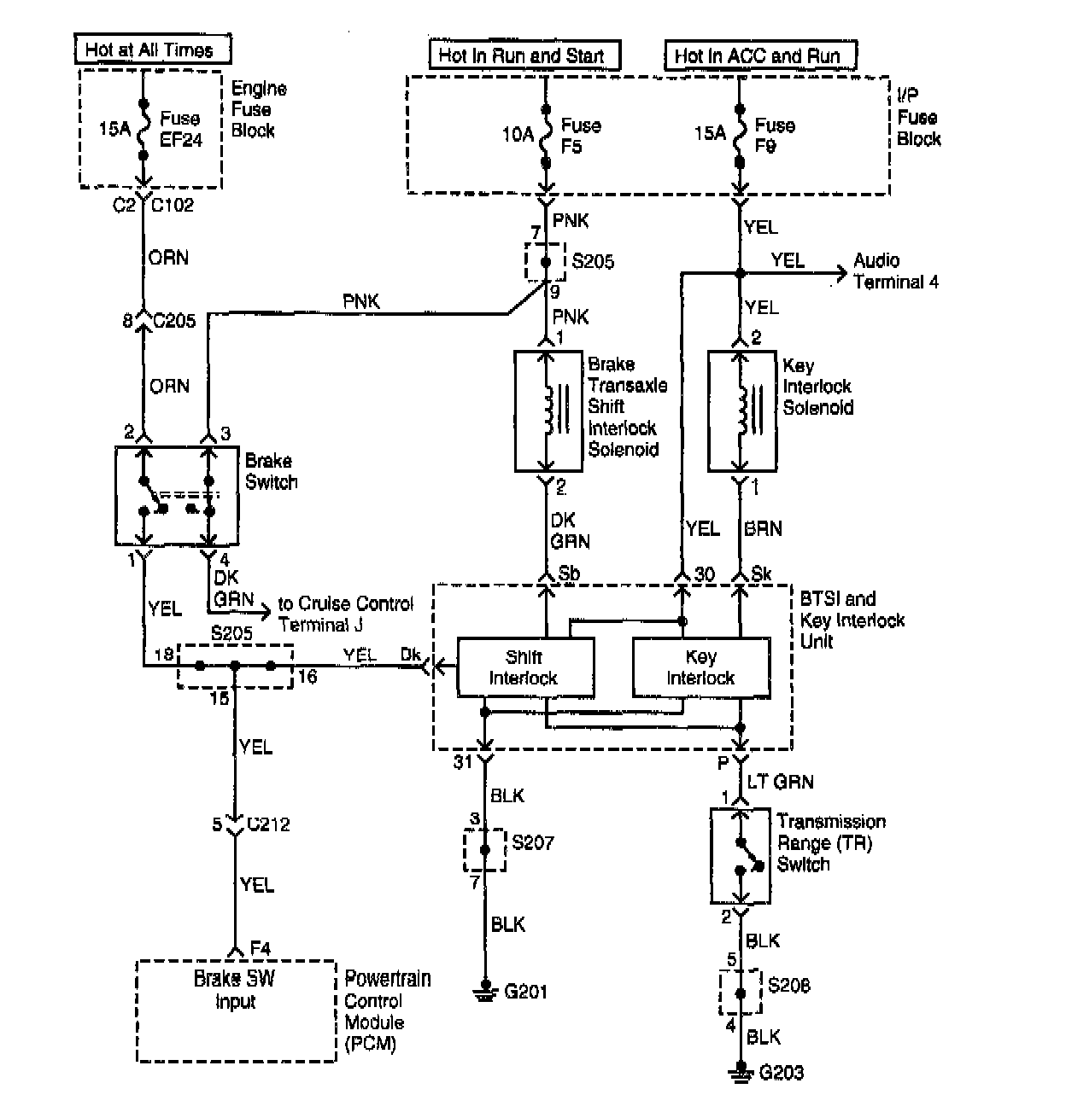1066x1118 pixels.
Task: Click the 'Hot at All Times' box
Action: [x=153, y=49]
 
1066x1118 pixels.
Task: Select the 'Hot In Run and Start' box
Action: [x=524, y=55]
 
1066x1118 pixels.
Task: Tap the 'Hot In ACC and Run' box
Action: [x=760, y=55]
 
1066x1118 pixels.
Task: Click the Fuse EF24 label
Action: [x=181, y=129]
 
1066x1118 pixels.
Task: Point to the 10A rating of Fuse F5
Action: [x=518, y=135]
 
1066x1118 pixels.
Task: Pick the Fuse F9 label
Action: [x=775, y=135]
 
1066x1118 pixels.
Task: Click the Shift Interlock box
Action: [x=526, y=667]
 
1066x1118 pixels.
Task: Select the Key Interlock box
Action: [x=702, y=667]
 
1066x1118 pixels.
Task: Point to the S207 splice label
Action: [x=533, y=842]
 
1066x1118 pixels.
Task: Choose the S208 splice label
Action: [x=788, y=985]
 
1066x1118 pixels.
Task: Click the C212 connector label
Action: [x=268, y=824]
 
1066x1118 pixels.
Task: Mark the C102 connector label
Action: [x=173, y=205]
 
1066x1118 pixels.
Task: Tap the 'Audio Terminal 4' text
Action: [x=895, y=271]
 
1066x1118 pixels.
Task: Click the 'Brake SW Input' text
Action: [x=235, y=989]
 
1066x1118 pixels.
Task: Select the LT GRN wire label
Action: [x=780, y=782]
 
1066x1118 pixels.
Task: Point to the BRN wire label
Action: [x=764, y=528]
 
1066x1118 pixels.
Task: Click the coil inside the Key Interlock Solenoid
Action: [x=743, y=411]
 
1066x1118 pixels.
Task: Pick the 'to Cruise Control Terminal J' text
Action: [x=345, y=614]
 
